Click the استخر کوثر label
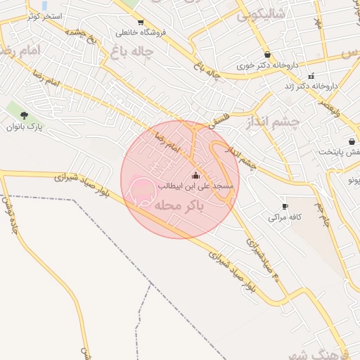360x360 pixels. [45, 15]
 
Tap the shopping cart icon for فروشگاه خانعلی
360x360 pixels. [141, 22]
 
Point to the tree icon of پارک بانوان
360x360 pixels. [25, 115]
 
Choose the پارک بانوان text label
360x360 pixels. [25, 127]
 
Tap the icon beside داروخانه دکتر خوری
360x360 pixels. [267, 54]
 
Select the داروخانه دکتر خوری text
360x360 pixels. [268, 65]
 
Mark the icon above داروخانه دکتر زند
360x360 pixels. [311, 75]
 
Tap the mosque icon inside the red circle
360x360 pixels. [195, 175]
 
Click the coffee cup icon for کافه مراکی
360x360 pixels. [285, 206]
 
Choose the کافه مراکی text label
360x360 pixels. [285, 217]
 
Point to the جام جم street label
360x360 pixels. [323, 215]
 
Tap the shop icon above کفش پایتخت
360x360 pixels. [351, 141]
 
